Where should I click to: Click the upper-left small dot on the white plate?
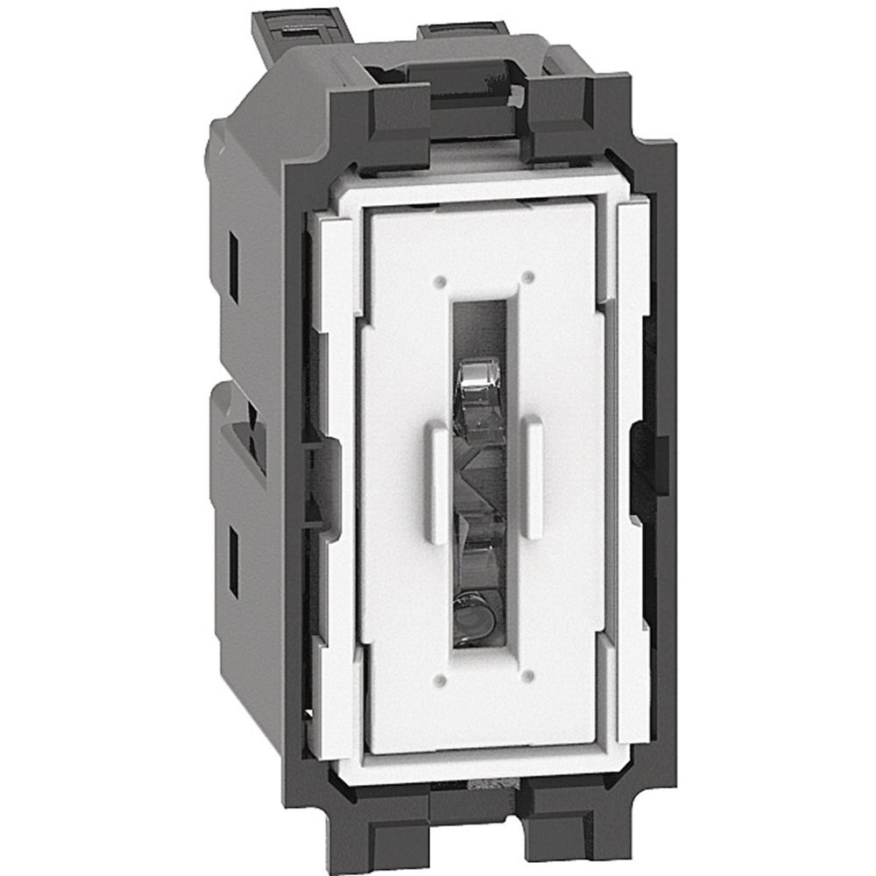click(440, 282)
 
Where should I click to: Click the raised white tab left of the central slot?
click(437, 482)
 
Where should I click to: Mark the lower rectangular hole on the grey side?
click(234, 561)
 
